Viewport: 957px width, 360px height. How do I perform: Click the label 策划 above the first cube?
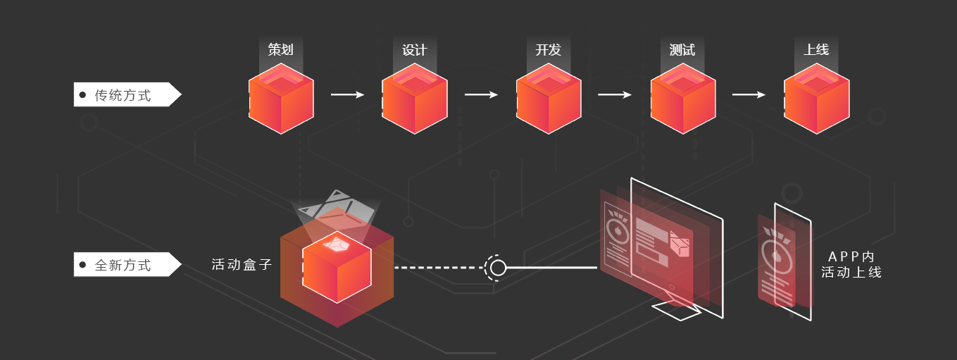(x=280, y=50)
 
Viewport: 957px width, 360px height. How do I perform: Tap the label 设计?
(x=414, y=50)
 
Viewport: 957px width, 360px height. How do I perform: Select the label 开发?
(x=548, y=50)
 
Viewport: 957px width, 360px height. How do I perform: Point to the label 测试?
(x=682, y=50)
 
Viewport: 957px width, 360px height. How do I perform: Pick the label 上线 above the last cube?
(x=816, y=50)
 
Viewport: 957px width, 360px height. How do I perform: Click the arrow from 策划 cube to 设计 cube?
(x=348, y=94)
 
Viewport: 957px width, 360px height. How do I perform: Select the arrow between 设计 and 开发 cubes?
(x=482, y=94)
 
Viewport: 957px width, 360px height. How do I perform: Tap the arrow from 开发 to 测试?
(x=615, y=94)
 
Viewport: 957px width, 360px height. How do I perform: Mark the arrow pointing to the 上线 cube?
(x=749, y=94)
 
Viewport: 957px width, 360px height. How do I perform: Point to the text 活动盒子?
(x=242, y=265)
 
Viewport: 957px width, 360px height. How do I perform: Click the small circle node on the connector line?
(x=498, y=268)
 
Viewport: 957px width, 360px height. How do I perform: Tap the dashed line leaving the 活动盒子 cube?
(x=437, y=268)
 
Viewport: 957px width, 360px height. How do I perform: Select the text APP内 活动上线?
(x=851, y=264)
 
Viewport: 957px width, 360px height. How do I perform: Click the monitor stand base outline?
(x=676, y=311)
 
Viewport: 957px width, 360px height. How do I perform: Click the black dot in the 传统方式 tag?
(x=82, y=94)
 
